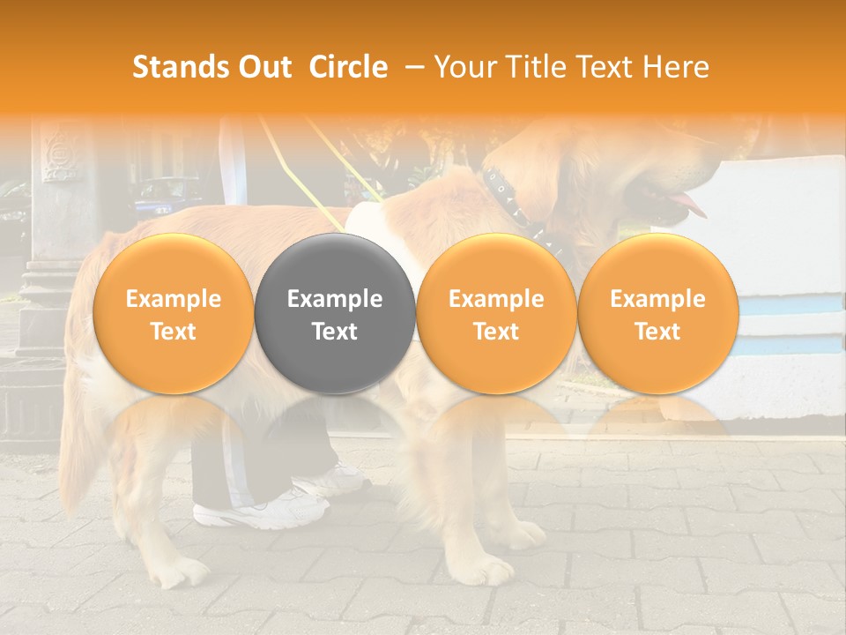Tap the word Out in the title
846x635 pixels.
262,67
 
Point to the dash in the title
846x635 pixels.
411,68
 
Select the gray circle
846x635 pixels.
335,314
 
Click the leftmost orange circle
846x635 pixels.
173,314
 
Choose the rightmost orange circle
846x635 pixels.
658,314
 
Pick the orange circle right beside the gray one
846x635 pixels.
496,314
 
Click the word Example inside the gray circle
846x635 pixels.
335,300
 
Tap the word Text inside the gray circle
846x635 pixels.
335,332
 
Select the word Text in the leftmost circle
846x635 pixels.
173,332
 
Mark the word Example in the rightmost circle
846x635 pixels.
658,300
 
